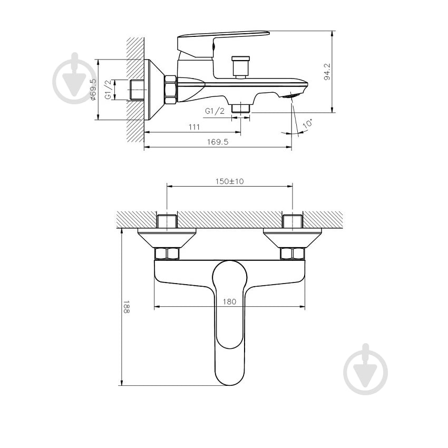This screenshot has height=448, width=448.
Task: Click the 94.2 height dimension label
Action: coord(327,71)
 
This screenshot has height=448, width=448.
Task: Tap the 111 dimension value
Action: coord(193,127)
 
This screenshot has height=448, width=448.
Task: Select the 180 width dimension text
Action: coord(229,301)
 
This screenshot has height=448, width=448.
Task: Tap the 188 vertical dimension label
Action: coord(126,307)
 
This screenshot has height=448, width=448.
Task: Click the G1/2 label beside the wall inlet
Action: coord(108,90)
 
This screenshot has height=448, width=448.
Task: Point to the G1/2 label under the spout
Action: coord(215,110)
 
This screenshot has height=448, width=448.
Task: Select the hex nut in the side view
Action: coord(170,89)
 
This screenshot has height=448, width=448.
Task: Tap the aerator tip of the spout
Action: coord(291,95)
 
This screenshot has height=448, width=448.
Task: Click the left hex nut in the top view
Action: coord(167,254)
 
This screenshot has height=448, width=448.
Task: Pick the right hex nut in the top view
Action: coord(293,254)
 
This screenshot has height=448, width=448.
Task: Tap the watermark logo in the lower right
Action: coord(365,369)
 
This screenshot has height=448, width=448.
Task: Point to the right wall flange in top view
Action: coord(293,238)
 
